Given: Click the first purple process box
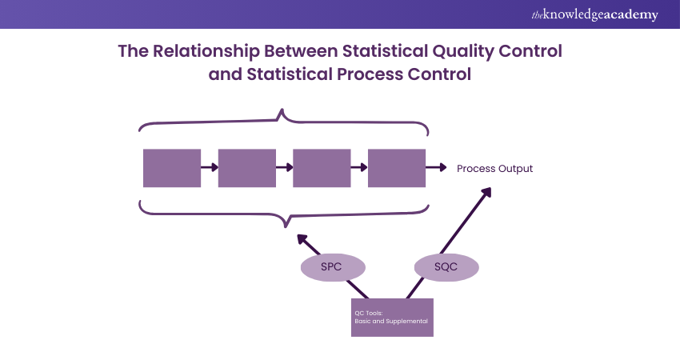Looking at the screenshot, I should (171, 168).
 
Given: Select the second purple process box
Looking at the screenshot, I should (246, 168).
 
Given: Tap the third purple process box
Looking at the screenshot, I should (322, 168).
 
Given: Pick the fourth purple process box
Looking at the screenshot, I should (397, 168).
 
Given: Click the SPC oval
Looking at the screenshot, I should (331, 267).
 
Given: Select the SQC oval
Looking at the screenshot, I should (446, 267).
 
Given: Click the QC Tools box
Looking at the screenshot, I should (392, 317).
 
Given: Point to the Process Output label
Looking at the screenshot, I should (494, 169).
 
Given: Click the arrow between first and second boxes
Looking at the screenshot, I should (209, 168).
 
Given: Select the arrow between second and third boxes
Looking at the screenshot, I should (284, 168).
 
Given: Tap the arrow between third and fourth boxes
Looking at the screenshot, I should (359, 168).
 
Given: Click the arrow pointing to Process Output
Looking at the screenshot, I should (436, 168).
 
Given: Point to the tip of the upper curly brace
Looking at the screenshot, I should (282, 113).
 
